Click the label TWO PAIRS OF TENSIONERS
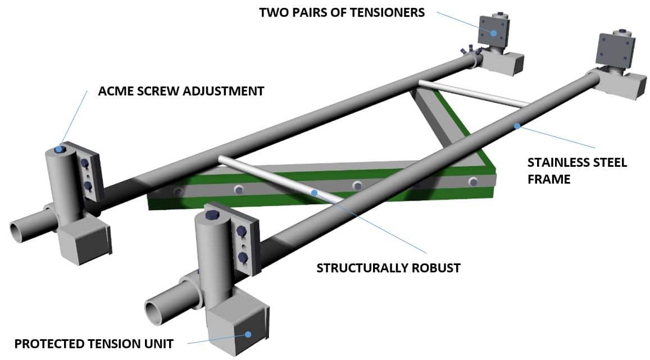pyautogui.click(x=342, y=12)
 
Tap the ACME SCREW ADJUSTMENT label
pyautogui.click(x=181, y=91)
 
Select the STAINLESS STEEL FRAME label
pyautogui.click(x=576, y=171)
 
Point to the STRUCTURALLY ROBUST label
pyautogui.click(x=388, y=268)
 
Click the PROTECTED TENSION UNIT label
pyautogui.click(x=93, y=343)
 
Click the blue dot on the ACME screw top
pyautogui.click(x=59, y=149)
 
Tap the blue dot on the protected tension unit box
pyautogui.click(x=248, y=335)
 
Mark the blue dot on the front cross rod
pyautogui.click(x=315, y=192)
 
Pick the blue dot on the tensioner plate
pyautogui.click(x=493, y=33)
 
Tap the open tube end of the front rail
pyautogui.click(x=154, y=311)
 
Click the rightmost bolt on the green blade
pyautogui.click(x=473, y=181)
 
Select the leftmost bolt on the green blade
pyautogui.click(x=179, y=192)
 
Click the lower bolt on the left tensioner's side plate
pyautogui.click(x=88, y=186)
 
